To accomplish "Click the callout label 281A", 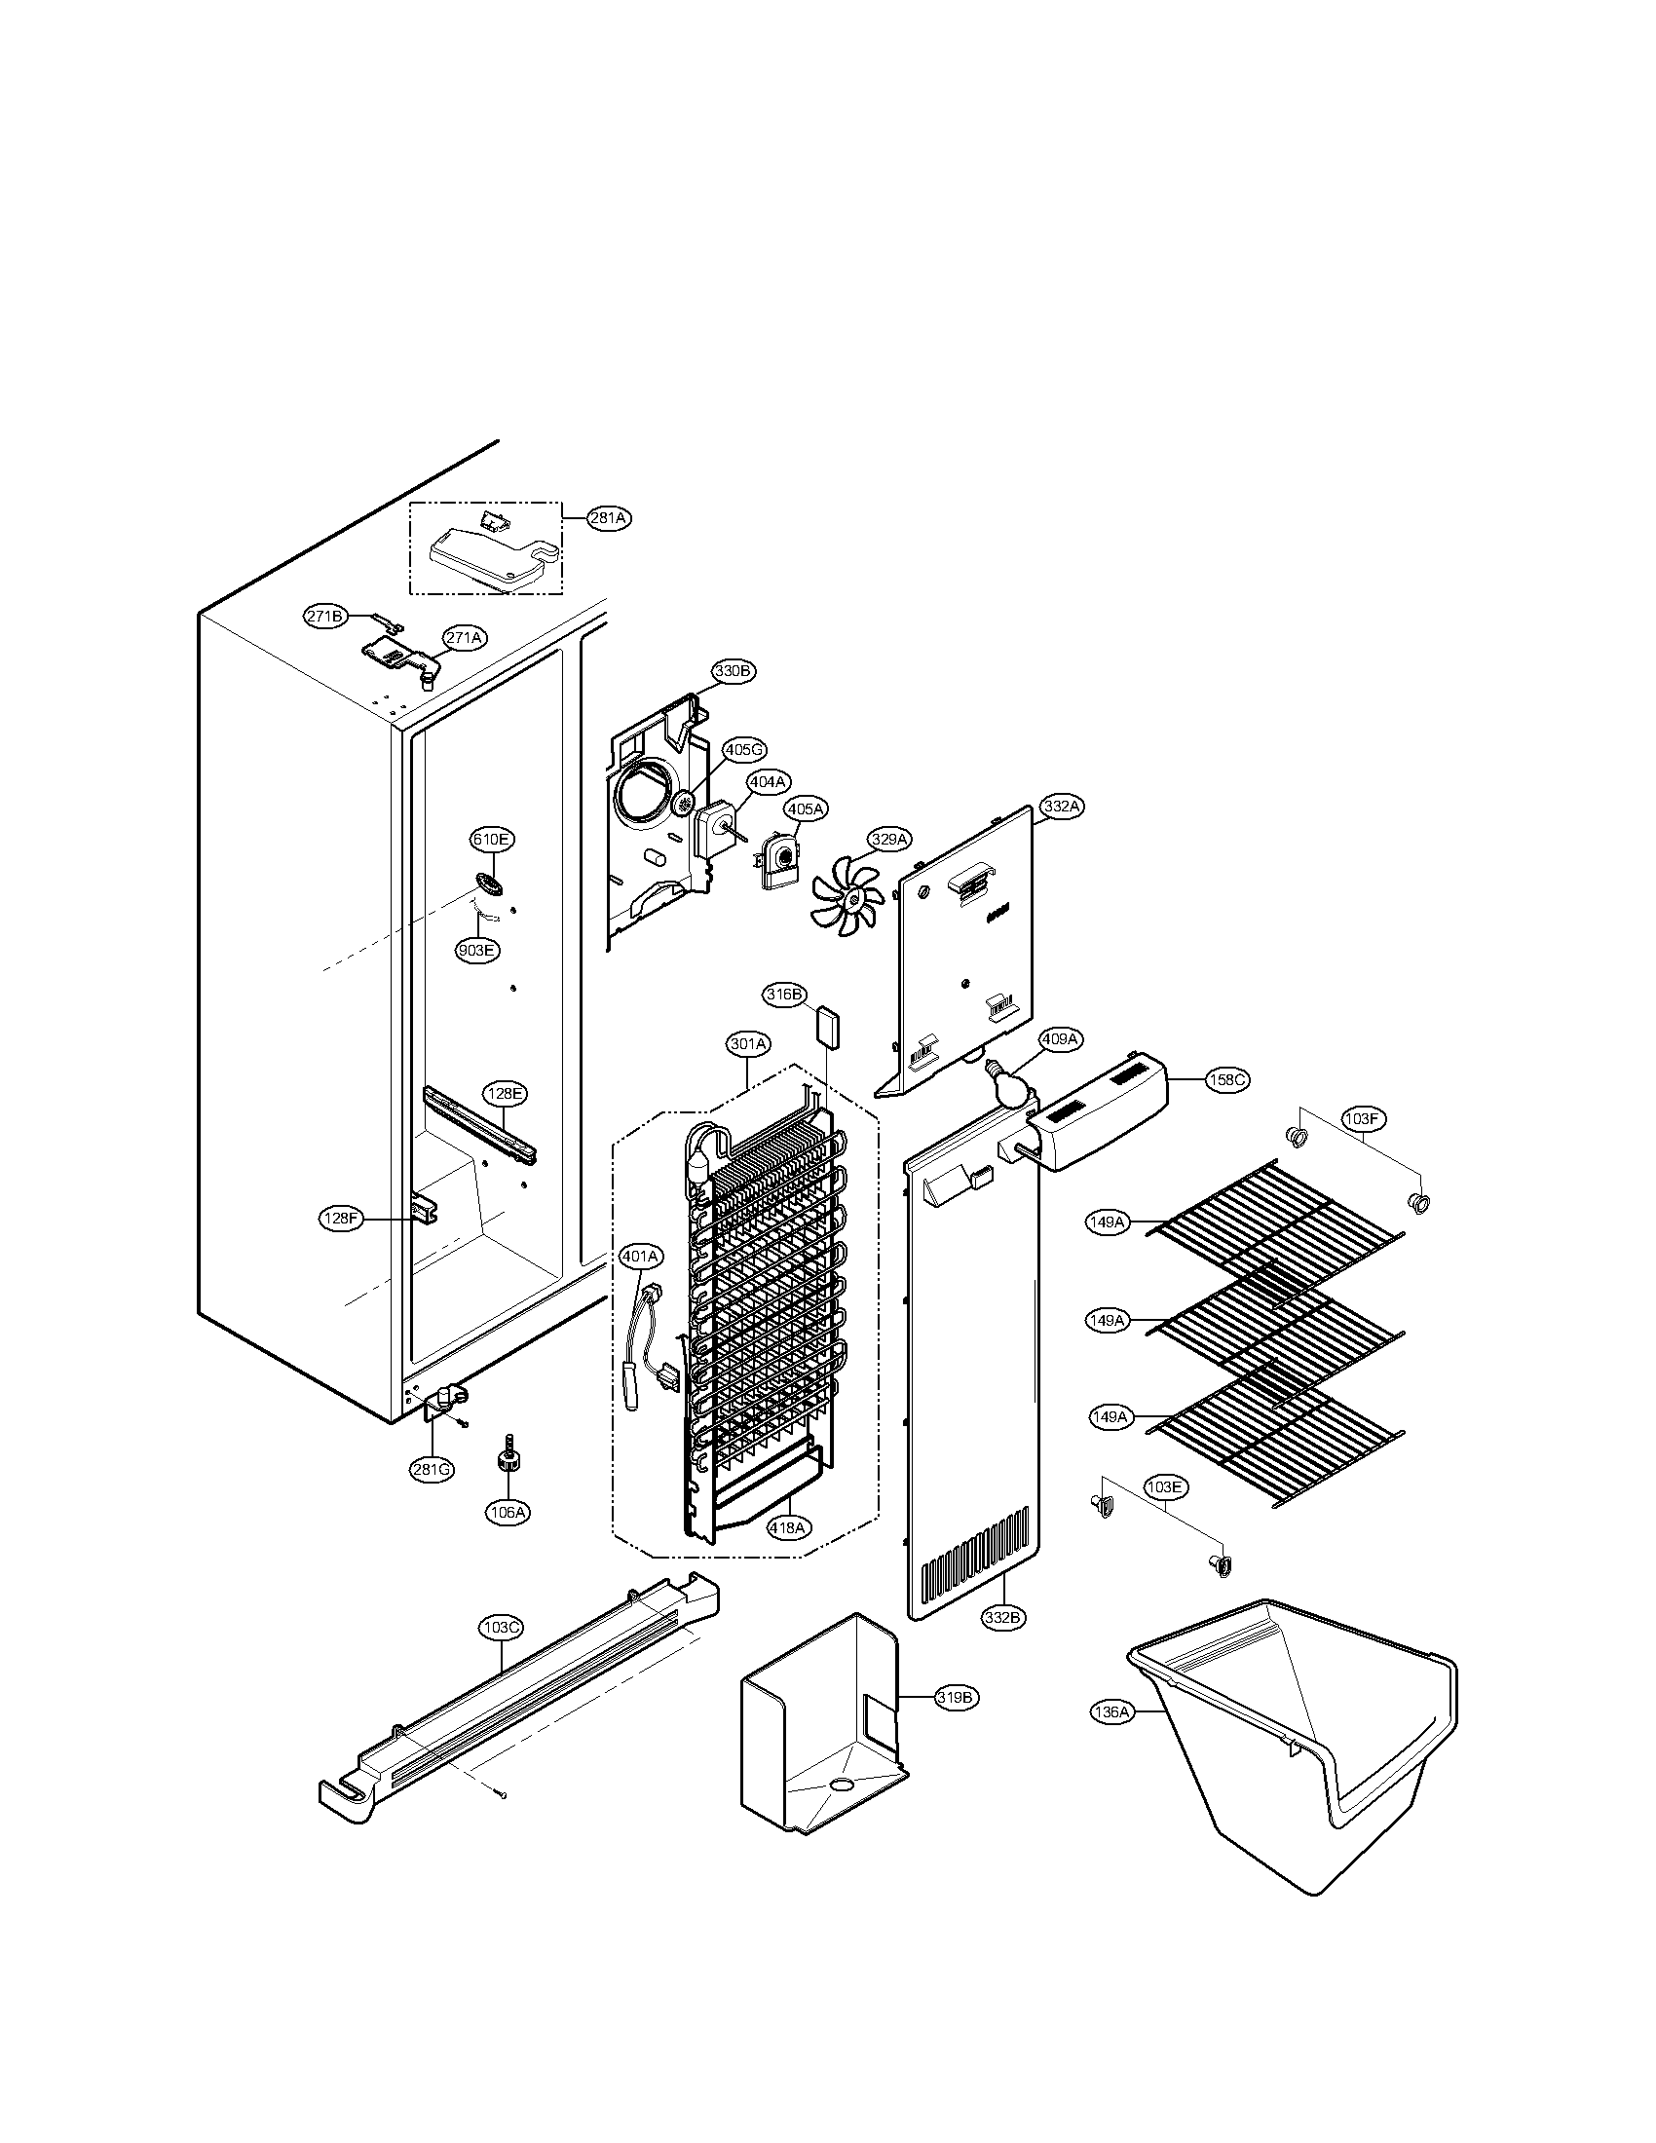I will (608, 518).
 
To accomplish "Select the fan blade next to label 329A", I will (847, 890).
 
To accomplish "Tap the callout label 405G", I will (743, 750).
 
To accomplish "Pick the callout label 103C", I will (501, 1628).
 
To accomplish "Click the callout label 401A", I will (641, 1255).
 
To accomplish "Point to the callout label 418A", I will (788, 1527).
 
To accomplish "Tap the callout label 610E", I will (492, 839).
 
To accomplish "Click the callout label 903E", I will (476, 950).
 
